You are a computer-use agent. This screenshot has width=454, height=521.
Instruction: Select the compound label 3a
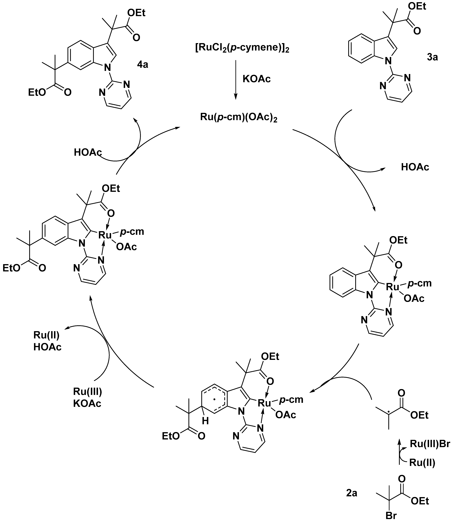[x=432, y=57]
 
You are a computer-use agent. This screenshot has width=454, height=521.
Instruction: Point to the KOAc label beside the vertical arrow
[x=256, y=79]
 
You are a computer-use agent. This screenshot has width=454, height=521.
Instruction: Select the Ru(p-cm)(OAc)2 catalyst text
[x=239, y=117]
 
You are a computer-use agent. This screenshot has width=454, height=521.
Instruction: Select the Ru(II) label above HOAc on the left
[x=46, y=335]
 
